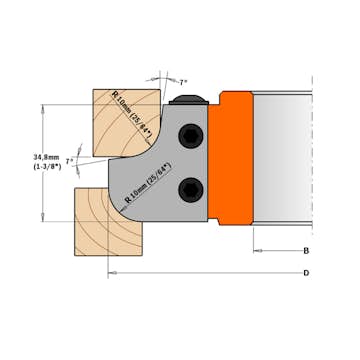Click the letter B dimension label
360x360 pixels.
tap(305, 251)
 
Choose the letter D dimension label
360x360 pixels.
tap(305, 272)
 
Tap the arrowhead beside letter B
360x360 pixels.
tap(257, 251)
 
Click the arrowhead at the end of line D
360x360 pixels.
tap(111, 272)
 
